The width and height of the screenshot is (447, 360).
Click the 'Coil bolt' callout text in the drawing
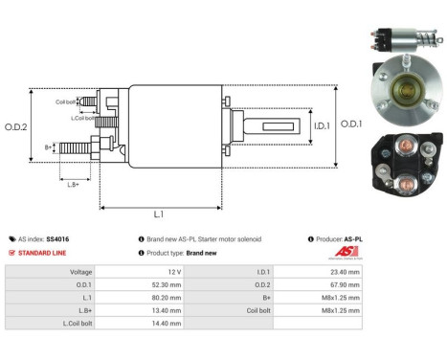click(x=66, y=101)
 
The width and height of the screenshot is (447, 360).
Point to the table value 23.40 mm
click(x=346, y=271)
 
